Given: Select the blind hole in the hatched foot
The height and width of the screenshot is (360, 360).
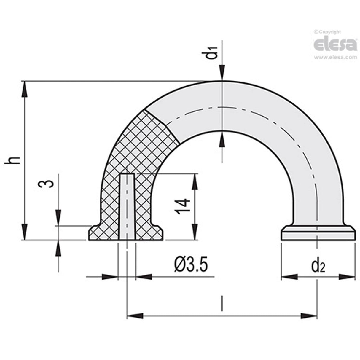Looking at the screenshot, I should point(127,206).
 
